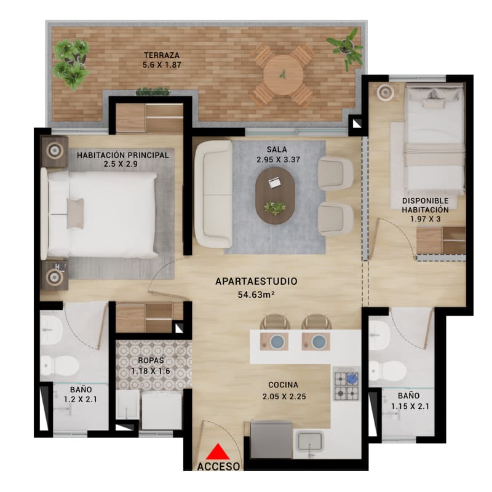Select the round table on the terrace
point(283,74)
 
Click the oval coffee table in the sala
point(275,196)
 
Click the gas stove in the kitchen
point(346,384)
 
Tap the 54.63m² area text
point(256,295)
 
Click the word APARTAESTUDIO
point(256,282)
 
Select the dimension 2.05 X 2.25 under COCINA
point(283,397)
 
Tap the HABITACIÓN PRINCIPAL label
point(122,156)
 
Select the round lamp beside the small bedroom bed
point(386,92)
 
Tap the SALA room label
point(277,149)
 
